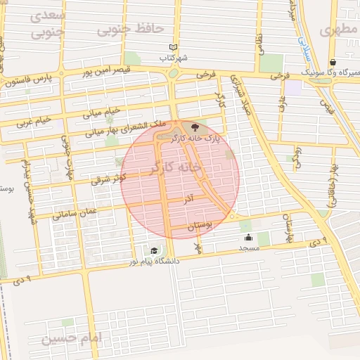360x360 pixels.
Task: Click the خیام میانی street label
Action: (103, 111)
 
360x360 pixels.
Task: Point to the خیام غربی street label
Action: (34, 120)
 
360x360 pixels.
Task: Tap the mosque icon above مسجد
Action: (247, 238)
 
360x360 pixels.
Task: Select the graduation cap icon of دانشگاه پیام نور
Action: (154, 250)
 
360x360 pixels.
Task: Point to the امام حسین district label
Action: (71, 339)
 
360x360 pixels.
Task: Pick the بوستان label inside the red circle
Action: (200, 225)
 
